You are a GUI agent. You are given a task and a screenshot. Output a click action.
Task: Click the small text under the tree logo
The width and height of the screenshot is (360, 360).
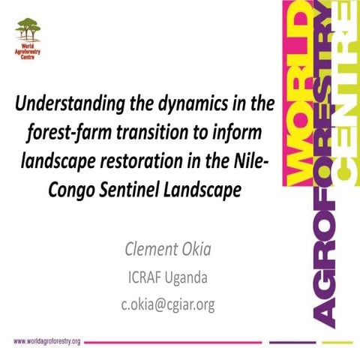click(x=28, y=55)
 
